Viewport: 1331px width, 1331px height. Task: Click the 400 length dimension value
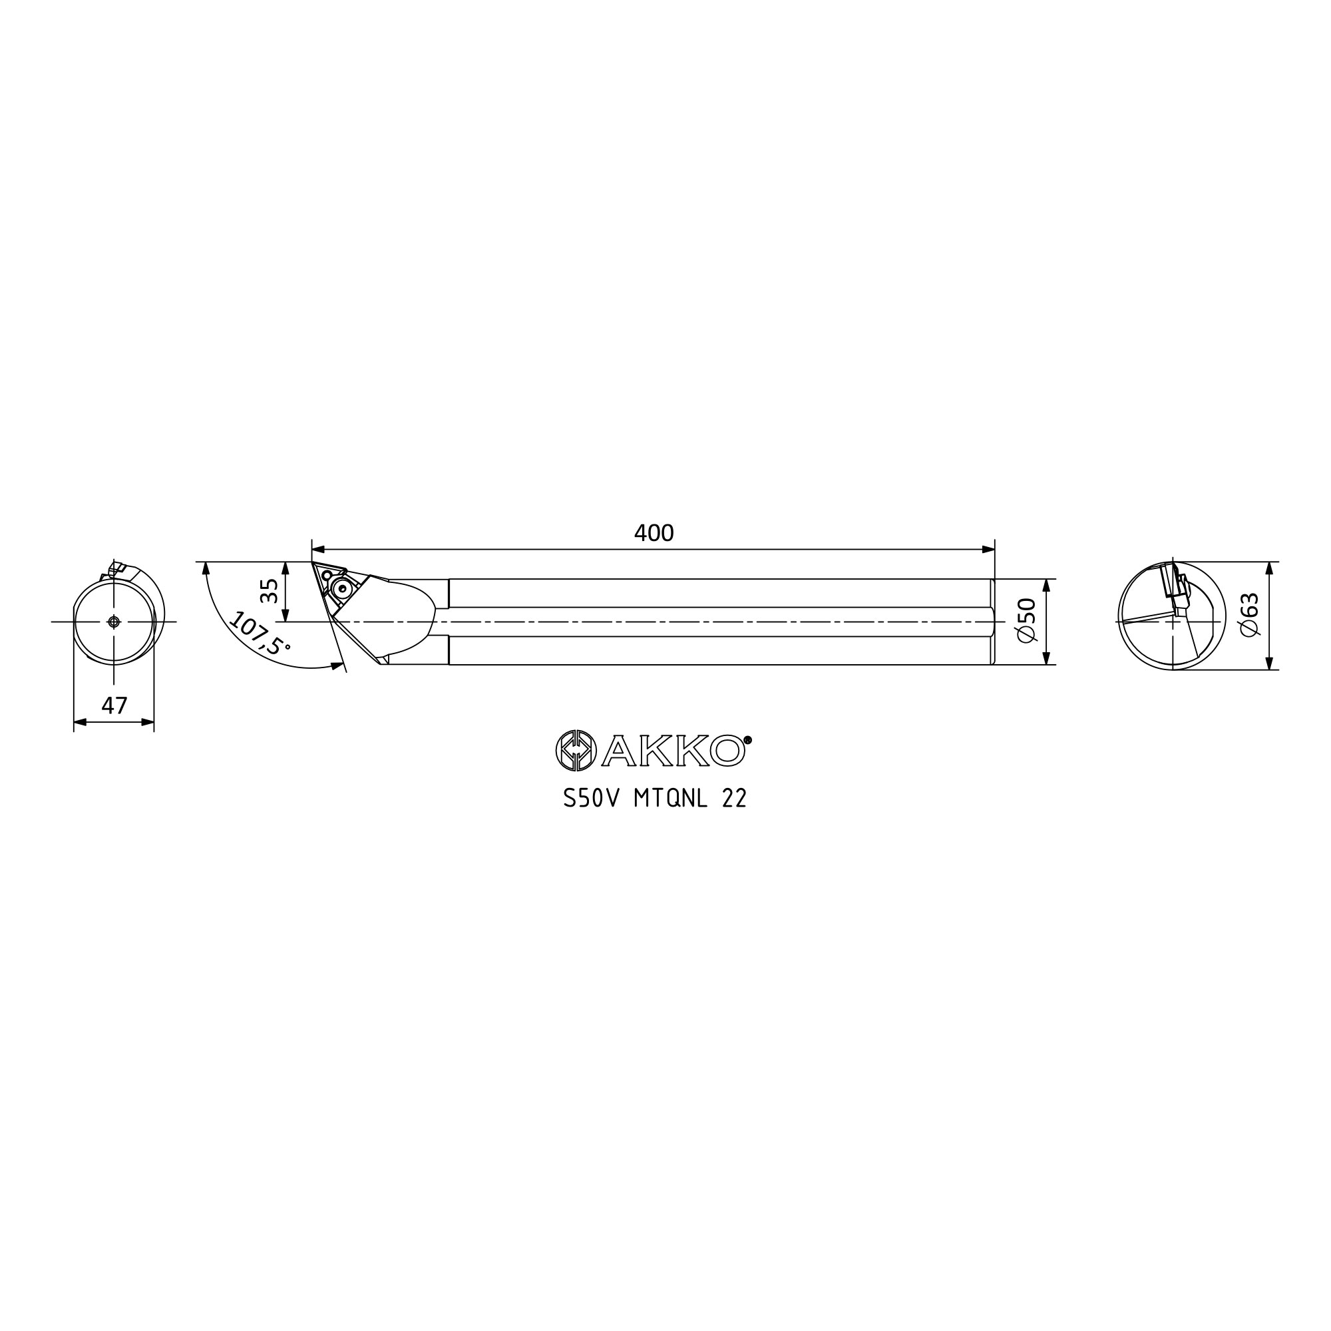tap(653, 533)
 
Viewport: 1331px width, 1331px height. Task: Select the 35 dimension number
tap(270, 591)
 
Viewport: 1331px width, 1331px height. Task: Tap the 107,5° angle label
tap(259, 633)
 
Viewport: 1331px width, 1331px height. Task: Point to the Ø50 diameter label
tap(1026, 621)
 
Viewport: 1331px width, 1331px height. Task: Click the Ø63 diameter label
tap(1249, 615)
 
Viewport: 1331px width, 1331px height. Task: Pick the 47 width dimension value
tap(114, 705)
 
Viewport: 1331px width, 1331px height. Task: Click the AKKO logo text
tap(673, 751)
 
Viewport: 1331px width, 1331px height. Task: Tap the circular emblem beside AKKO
tap(576, 751)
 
